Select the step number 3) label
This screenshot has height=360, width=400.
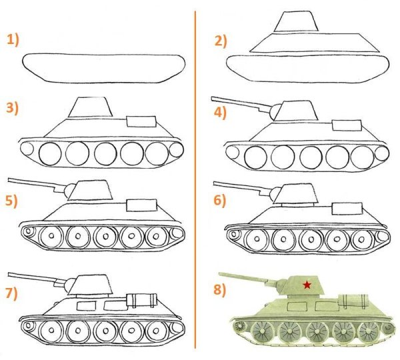point(13,107)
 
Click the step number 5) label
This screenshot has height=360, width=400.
point(13,199)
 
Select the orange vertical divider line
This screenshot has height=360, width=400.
point(195,180)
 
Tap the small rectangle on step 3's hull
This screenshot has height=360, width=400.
point(139,121)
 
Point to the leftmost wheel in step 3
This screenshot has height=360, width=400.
point(50,153)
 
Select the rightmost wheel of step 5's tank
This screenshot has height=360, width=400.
point(157,237)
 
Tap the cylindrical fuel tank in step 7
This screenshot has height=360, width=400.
point(141,297)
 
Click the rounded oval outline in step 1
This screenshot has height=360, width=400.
point(103,68)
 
